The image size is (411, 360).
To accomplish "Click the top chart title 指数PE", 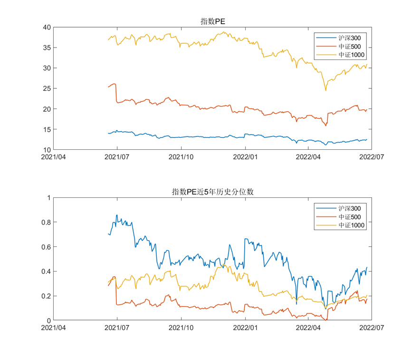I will tap(212, 21).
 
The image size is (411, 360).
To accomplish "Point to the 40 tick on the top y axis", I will tap(47, 27).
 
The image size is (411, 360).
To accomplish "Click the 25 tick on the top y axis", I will tap(47, 88).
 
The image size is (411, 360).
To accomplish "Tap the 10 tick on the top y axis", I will tap(47, 150).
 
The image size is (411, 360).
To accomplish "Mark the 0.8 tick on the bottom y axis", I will tap(45, 222).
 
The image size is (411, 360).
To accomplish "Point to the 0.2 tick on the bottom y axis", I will tap(45, 296).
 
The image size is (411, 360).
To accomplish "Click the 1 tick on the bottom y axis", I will tap(48, 197).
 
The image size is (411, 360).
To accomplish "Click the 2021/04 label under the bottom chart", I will tap(53, 328).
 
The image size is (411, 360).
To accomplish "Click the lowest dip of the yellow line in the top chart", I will tap(325, 90).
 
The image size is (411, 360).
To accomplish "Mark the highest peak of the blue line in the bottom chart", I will tap(117, 215).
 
